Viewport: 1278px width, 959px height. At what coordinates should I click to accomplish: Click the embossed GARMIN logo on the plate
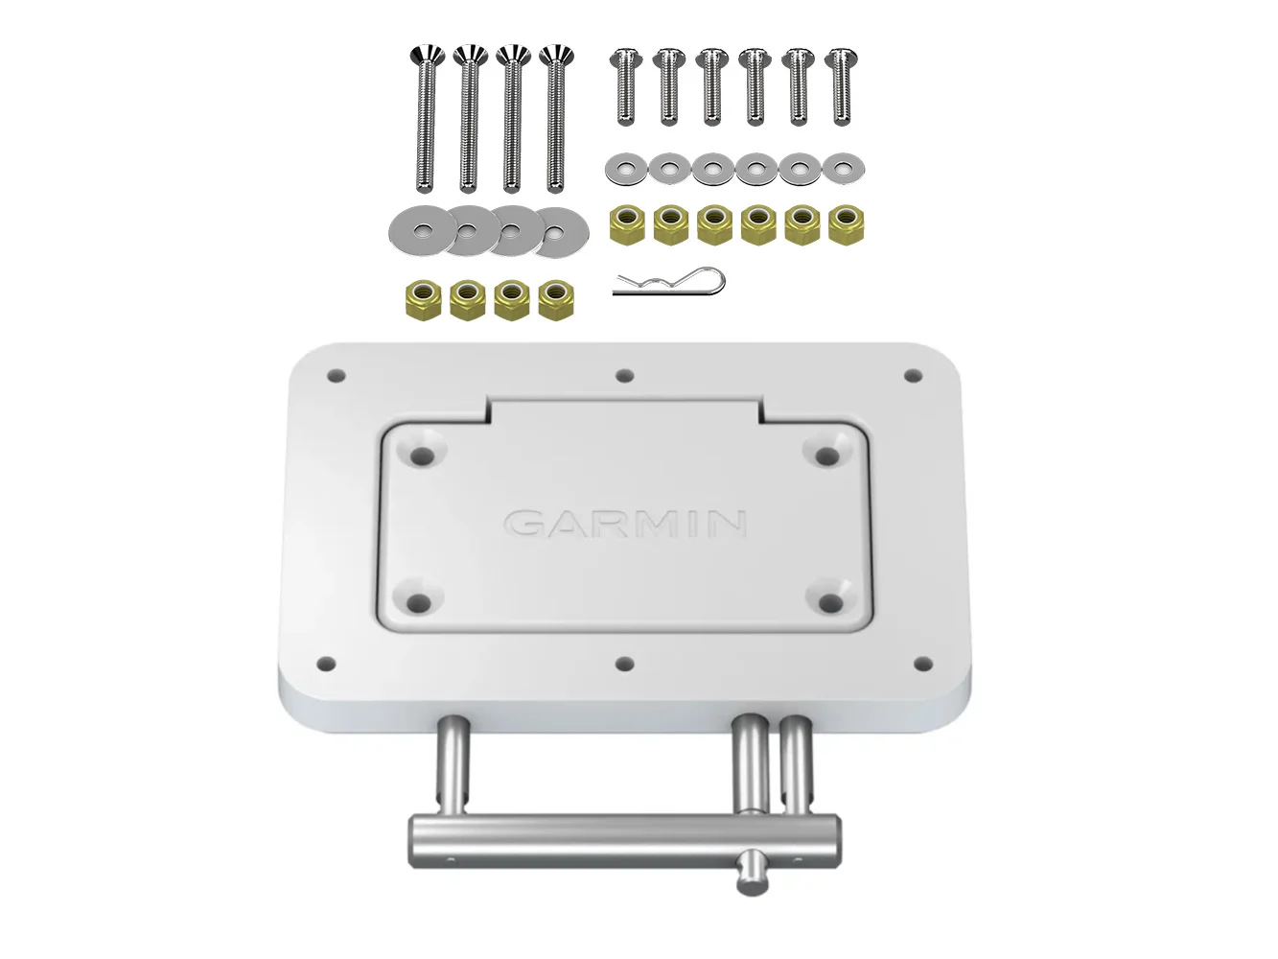click(x=625, y=524)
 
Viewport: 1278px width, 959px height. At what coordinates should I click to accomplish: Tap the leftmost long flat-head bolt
click(x=427, y=119)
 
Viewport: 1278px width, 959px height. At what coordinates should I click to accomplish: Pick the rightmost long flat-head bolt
click(x=557, y=119)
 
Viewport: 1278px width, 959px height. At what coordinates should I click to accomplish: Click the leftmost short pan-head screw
click(x=626, y=86)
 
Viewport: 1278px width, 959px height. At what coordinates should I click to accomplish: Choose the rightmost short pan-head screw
click(x=842, y=86)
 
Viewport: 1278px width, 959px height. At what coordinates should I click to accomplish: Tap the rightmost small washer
click(x=844, y=169)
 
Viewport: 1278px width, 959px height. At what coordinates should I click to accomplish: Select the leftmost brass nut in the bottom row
click(x=423, y=301)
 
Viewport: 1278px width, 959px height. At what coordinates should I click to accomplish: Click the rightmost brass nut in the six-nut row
click(x=846, y=224)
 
